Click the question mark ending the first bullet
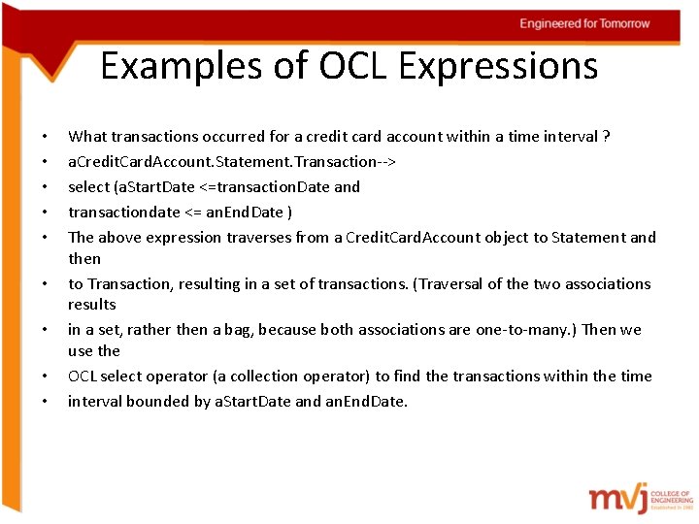[607, 137]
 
